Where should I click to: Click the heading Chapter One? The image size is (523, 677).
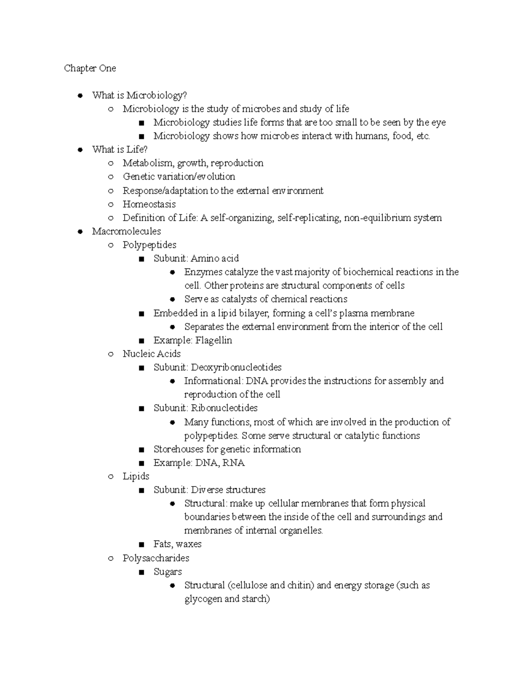coord(90,68)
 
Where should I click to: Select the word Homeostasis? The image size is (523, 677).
coord(149,204)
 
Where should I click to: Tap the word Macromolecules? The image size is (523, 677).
coord(126,231)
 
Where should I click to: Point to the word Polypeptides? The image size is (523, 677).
coord(149,245)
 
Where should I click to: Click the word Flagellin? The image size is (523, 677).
coord(214,340)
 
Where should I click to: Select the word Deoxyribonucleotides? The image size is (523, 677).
coord(236,367)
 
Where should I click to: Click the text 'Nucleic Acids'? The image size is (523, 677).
coord(152,354)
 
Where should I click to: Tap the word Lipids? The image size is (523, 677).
coord(136,476)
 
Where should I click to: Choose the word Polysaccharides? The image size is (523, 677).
coord(156,558)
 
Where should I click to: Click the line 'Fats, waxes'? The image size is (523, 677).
coord(177,544)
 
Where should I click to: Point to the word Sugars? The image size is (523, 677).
coord(168,572)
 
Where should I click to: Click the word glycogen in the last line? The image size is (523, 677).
coord(203,599)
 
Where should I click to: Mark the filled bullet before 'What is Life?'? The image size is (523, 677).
coord(80,150)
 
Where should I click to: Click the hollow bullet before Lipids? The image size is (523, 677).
coord(111,476)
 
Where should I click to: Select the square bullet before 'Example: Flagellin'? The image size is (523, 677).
coord(141,340)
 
